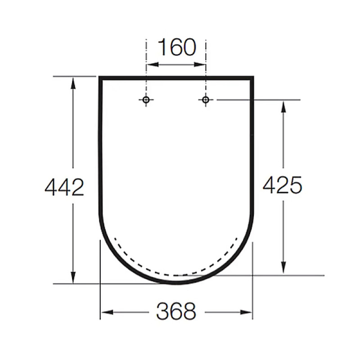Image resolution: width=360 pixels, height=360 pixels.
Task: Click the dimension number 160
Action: [x=176, y=48]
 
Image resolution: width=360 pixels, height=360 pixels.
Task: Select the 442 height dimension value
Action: [x=64, y=187]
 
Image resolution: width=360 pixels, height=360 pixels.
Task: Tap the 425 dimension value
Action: [x=282, y=185]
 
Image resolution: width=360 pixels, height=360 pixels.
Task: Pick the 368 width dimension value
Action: [x=176, y=311]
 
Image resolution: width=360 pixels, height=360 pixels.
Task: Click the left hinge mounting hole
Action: [x=146, y=100]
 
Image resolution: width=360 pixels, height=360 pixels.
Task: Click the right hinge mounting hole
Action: [x=206, y=100]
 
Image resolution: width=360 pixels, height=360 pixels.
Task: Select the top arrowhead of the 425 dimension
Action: [x=283, y=105]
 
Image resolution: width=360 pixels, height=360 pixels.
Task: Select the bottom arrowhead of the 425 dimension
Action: [x=283, y=269]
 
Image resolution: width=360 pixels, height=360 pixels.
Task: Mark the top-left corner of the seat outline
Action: [x=100, y=78]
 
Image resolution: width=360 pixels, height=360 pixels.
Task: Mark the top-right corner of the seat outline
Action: [x=252, y=78]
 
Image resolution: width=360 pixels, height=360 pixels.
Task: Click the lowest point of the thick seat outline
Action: [x=176, y=282]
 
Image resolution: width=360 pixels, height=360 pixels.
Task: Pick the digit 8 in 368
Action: [x=189, y=311]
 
